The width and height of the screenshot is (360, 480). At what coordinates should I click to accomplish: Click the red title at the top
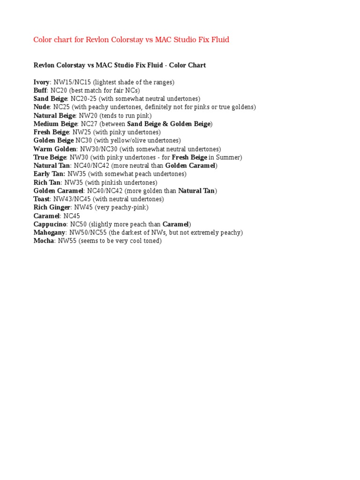pos(131,40)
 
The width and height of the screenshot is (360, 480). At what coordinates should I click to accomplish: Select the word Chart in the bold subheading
pos(196,65)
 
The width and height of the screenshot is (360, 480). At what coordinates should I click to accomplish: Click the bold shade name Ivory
pos(41,82)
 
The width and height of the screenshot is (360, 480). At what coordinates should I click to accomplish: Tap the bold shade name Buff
pos(40,90)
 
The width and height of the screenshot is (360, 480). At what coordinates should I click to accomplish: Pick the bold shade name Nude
pos(41,107)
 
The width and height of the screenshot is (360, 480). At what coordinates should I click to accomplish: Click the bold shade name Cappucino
pos(50,224)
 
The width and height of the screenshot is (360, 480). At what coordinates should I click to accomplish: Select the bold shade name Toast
pos(41,199)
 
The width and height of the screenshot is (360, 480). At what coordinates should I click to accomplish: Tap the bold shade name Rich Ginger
pos(52,207)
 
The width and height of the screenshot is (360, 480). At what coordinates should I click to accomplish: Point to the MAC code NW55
pos(67,241)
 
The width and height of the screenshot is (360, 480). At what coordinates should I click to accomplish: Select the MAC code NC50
pos(78,224)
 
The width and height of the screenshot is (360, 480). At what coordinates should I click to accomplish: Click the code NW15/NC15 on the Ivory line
pos(72,82)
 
